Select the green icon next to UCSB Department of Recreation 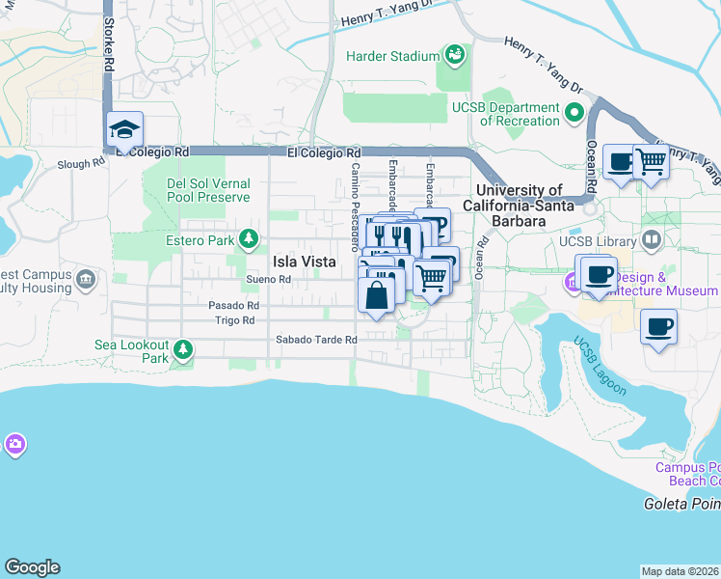(x=575, y=113)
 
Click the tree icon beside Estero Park (x=249, y=237)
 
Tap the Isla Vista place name (x=303, y=262)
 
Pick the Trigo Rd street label (x=234, y=320)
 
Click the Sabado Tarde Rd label (x=316, y=340)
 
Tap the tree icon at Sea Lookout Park (x=184, y=348)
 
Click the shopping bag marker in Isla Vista (x=377, y=294)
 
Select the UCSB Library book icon (x=653, y=238)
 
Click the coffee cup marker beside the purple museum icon (x=598, y=274)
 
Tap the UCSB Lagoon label (x=600, y=367)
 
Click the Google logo (x=32, y=567)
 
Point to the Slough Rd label (x=80, y=164)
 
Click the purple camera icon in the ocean (x=13, y=445)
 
